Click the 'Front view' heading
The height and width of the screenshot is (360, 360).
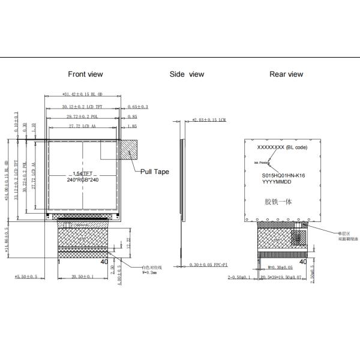pyautogui.click(x=85, y=74)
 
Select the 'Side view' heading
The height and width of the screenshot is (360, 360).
pyautogui.click(x=187, y=74)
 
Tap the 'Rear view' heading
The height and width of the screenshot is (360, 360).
pyautogui.click(x=286, y=74)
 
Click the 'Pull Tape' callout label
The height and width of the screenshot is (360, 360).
pyautogui.click(x=154, y=172)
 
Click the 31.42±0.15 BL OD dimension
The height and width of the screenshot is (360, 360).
pyautogui.click(x=83, y=94)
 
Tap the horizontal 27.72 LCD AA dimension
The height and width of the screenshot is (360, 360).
pyautogui.click(x=83, y=126)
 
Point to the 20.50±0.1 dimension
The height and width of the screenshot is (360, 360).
pyautogui.click(x=83, y=277)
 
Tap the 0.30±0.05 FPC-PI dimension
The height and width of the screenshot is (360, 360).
pyautogui.click(x=210, y=265)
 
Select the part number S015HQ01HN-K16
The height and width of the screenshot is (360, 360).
pyautogui.click(x=284, y=176)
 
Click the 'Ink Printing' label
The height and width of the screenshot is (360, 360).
pyautogui.click(x=263, y=162)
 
